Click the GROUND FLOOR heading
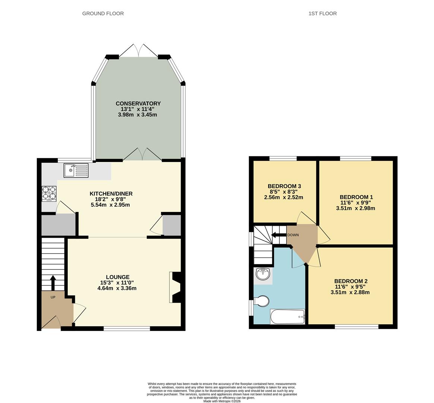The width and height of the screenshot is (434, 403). pyautogui.click(x=103, y=13)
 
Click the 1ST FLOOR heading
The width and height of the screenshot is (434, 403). pyautogui.click(x=322, y=13)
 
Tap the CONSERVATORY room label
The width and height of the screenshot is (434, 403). pyautogui.click(x=138, y=103)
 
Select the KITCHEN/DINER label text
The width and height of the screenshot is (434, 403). pyautogui.click(x=111, y=194)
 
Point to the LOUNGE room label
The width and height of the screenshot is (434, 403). pyautogui.click(x=117, y=277)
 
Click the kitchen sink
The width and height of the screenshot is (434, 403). pyautogui.click(x=76, y=171)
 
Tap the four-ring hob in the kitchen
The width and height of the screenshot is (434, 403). pyautogui.click(x=49, y=193)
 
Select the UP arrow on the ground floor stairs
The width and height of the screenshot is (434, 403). pyautogui.click(x=53, y=282)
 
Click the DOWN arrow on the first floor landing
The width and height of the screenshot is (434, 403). pyautogui.click(x=278, y=235)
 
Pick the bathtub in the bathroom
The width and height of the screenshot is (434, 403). pyautogui.click(x=287, y=317)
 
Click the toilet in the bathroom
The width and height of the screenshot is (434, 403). pyautogui.click(x=262, y=301)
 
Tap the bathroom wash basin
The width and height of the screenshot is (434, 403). pyautogui.click(x=263, y=274)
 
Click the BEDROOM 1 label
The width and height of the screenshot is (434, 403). pyautogui.click(x=356, y=197)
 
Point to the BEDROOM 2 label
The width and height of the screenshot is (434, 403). pyautogui.click(x=351, y=281)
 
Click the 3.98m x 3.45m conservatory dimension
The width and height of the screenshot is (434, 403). pyautogui.click(x=137, y=115)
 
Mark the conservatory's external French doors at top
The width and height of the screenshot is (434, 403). pyautogui.click(x=138, y=51)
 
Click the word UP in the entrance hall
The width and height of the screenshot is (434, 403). pyautogui.click(x=53, y=297)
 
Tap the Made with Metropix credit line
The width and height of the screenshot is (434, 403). pyautogui.click(x=222, y=401)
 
